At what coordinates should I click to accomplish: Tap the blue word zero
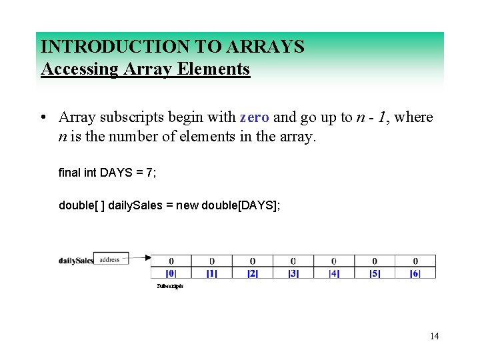pyautogui.click(x=254, y=118)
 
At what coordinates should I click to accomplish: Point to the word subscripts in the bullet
pyautogui.click(x=135, y=118)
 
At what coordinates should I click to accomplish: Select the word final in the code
pyautogui.click(x=70, y=173)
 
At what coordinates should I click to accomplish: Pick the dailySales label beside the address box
pyautogui.click(x=75, y=261)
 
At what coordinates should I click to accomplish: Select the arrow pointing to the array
pyautogui.click(x=139, y=257)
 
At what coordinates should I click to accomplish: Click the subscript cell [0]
pyautogui.click(x=171, y=273)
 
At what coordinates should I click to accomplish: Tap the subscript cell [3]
pyautogui.click(x=293, y=273)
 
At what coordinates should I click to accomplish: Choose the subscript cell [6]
pyautogui.click(x=415, y=273)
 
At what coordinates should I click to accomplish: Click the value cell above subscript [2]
pyautogui.click(x=252, y=261)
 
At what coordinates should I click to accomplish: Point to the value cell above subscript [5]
pyautogui.click(x=374, y=261)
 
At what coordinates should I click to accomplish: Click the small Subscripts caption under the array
pyautogui.click(x=170, y=286)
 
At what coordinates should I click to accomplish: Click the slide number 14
pyautogui.click(x=434, y=336)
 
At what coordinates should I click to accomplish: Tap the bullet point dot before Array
pyautogui.click(x=42, y=119)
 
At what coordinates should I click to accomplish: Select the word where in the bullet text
pyautogui.click(x=413, y=118)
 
